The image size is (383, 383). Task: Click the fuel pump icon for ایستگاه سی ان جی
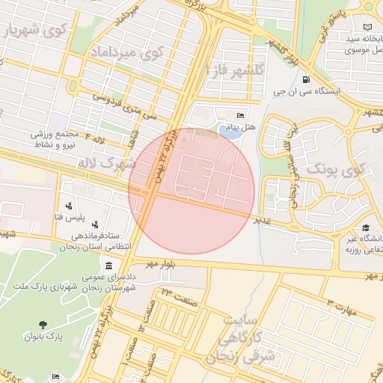[x=305, y=80]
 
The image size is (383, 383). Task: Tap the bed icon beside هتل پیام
[x=239, y=115]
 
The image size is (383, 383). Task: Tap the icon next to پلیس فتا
[x=70, y=205]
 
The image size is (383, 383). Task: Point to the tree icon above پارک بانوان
[x=42, y=324]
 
